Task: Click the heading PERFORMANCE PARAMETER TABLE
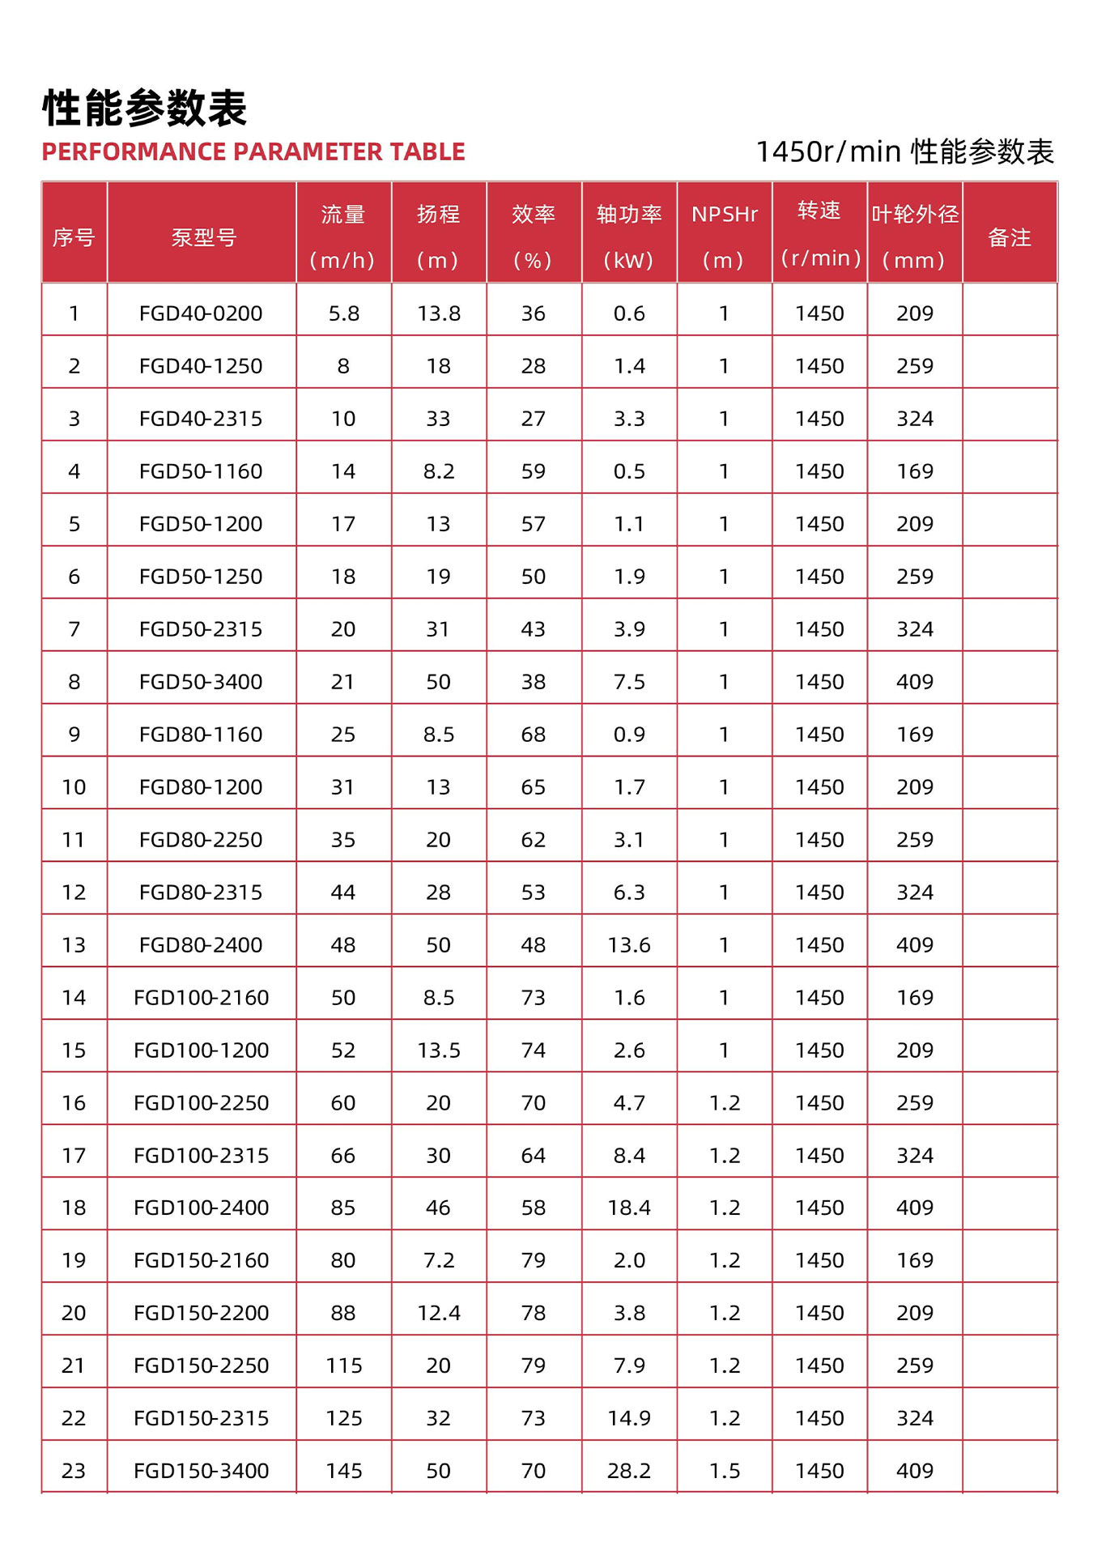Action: pyautogui.click(x=253, y=151)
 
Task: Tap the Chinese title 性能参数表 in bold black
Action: pyautogui.click(x=144, y=108)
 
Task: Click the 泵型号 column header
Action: pyautogui.click(x=202, y=237)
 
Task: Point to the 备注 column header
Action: pyautogui.click(x=1009, y=237)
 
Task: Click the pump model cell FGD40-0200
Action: pyautogui.click(x=201, y=313)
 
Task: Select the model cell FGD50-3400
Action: pyautogui.click(x=201, y=682)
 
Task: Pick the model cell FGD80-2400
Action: pyautogui.click(x=201, y=945)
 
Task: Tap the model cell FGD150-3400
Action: pyautogui.click(x=201, y=1471)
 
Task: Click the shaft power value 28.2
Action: pyautogui.click(x=629, y=1471)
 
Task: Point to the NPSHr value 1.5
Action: pyautogui.click(x=724, y=1471)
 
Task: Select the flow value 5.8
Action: pyautogui.click(x=343, y=313)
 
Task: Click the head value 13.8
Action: pyautogui.click(x=438, y=313)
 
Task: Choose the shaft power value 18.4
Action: pyautogui.click(x=629, y=1208)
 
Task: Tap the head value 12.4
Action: pyautogui.click(x=438, y=1313)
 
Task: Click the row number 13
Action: pyautogui.click(x=74, y=945)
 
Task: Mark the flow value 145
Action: pyautogui.click(x=343, y=1471)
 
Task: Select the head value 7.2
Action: pyautogui.click(x=438, y=1260)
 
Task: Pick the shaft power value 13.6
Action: pyautogui.click(x=629, y=945)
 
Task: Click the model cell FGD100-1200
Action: pyautogui.click(x=201, y=1050)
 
